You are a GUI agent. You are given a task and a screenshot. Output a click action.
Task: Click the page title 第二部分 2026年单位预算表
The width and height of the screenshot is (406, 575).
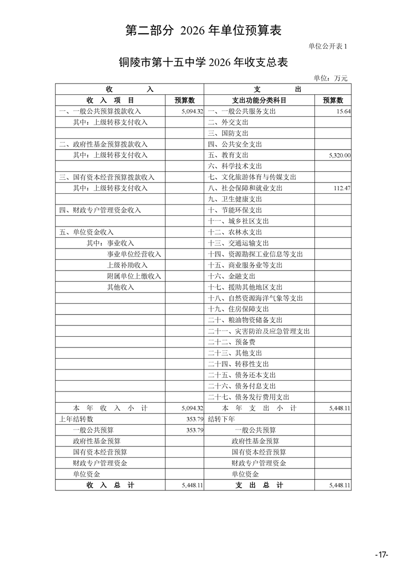[x=203, y=31]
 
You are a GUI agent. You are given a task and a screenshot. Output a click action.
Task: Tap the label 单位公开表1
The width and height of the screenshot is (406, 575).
[x=328, y=47]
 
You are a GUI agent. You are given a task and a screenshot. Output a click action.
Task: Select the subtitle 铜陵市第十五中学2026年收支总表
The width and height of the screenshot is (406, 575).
[x=203, y=63]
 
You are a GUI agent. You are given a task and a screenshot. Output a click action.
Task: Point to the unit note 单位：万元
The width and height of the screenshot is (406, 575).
[x=330, y=78]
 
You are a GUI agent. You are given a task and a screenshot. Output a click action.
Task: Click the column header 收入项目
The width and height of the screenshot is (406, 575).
[x=110, y=100]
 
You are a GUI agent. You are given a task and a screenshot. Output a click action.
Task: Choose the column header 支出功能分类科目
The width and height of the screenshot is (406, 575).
[x=259, y=100]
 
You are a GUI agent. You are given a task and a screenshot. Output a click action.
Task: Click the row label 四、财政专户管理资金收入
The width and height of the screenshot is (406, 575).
[x=100, y=210]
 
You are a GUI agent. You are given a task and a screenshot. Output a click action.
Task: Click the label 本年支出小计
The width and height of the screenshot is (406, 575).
[x=259, y=408]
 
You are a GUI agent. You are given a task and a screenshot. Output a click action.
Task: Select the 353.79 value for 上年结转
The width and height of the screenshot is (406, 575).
[x=195, y=419]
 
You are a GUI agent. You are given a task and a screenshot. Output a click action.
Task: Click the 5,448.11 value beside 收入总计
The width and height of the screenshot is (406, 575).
[x=192, y=485]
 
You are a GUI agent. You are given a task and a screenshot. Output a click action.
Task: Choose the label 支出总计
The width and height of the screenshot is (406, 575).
[x=259, y=485]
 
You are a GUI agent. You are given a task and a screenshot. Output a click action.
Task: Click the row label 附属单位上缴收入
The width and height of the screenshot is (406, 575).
[x=134, y=276]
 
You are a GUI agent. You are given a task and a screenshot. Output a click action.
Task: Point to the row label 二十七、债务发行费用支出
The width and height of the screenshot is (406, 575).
[x=249, y=397]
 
